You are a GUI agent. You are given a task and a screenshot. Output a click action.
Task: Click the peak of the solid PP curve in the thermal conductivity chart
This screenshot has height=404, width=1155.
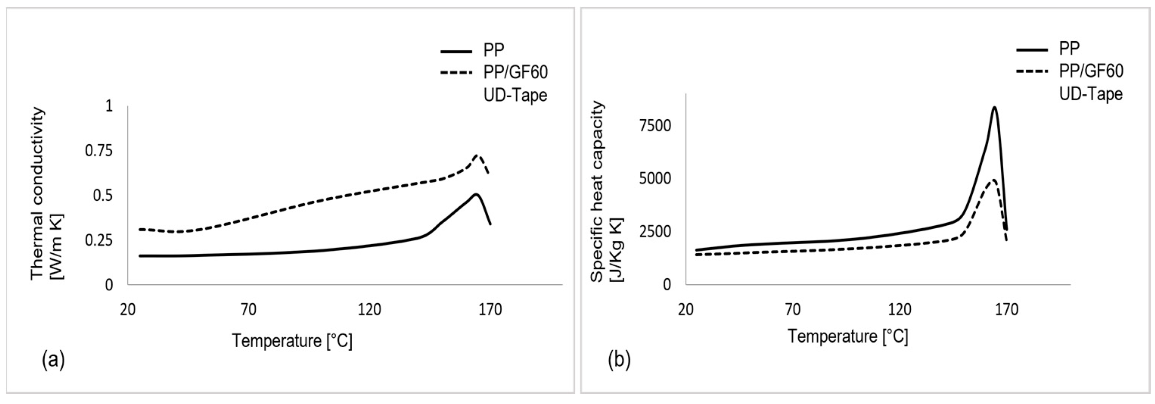[x=476, y=194]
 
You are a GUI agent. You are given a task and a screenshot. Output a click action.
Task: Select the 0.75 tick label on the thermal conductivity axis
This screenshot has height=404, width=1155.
[x=99, y=151]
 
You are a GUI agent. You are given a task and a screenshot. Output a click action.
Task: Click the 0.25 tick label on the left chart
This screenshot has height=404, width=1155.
[x=99, y=240]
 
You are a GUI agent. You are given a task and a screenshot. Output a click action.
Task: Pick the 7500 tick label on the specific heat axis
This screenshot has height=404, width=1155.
[x=655, y=126]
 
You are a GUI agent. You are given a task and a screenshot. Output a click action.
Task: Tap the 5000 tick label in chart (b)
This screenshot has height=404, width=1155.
[x=655, y=179]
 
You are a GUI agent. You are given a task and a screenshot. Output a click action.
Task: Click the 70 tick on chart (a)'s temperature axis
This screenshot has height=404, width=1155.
[x=248, y=310]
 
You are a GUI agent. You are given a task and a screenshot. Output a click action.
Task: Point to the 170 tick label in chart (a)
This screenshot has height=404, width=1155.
[x=490, y=310]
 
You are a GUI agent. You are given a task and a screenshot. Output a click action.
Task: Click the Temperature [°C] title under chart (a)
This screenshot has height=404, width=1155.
[x=292, y=341]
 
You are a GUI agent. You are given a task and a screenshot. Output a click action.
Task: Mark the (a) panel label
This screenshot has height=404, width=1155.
[x=53, y=360]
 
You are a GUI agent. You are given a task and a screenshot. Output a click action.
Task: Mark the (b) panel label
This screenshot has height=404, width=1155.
[x=619, y=360]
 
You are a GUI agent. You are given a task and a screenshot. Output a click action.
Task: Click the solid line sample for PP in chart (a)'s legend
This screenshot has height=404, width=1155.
[x=456, y=51]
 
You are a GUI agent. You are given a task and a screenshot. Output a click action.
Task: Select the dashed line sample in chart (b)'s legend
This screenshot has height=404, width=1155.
[x=1032, y=71]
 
